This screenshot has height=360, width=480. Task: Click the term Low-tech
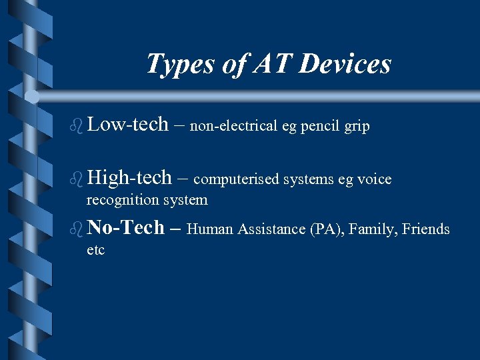[127, 124]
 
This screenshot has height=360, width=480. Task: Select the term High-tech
[129, 177]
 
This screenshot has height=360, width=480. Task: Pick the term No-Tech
[125, 228]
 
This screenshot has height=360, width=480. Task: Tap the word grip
[357, 127]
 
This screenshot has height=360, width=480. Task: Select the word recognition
[120, 200]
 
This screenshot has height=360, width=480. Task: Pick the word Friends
[427, 230]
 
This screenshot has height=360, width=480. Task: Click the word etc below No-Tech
[95, 251]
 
